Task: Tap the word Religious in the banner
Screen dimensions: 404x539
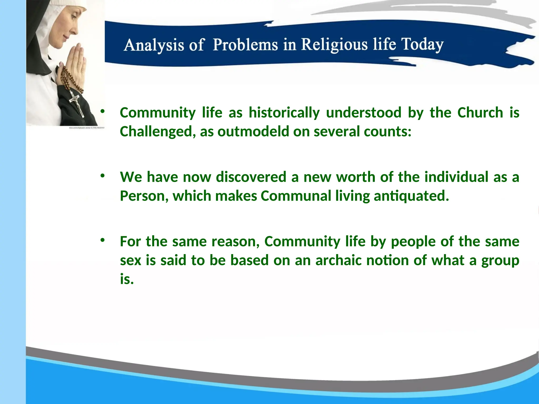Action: (x=334, y=44)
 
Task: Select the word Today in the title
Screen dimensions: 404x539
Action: (x=422, y=44)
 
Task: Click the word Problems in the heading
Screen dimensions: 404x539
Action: (x=245, y=45)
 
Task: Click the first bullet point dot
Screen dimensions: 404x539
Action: (x=102, y=111)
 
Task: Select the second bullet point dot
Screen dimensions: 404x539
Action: (x=102, y=176)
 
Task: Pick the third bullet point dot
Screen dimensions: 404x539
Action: (x=102, y=240)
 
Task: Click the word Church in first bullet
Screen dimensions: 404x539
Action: (x=480, y=113)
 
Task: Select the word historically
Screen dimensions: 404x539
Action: (x=284, y=113)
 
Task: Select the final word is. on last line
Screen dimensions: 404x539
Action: (x=127, y=279)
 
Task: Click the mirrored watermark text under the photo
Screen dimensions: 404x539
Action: (x=87, y=128)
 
